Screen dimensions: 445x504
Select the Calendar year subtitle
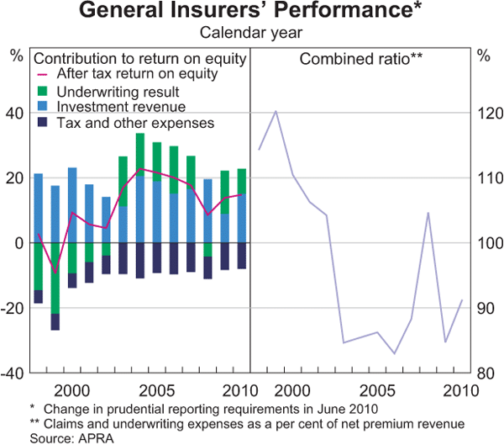click(251, 34)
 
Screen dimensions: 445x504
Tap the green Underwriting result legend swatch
click(42, 90)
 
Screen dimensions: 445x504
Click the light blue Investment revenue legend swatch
click(42, 106)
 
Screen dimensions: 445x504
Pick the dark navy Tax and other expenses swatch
click(42, 123)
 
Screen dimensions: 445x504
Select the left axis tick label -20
click(16, 308)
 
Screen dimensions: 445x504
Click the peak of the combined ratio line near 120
click(276, 111)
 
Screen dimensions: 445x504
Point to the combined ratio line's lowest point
click(395, 353)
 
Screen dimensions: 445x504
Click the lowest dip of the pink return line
click(55, 273)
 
